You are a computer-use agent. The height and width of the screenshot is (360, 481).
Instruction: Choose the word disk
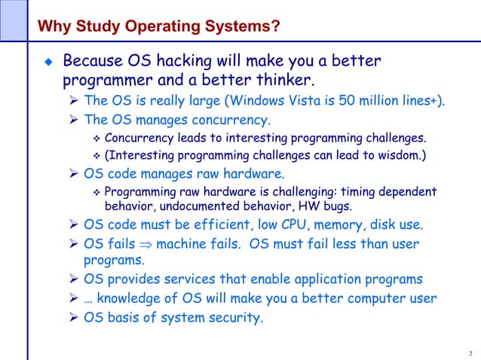(387, 224)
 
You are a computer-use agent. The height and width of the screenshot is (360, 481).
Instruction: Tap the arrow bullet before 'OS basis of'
(73, 317)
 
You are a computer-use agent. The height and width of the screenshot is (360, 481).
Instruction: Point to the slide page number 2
(470, 354)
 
